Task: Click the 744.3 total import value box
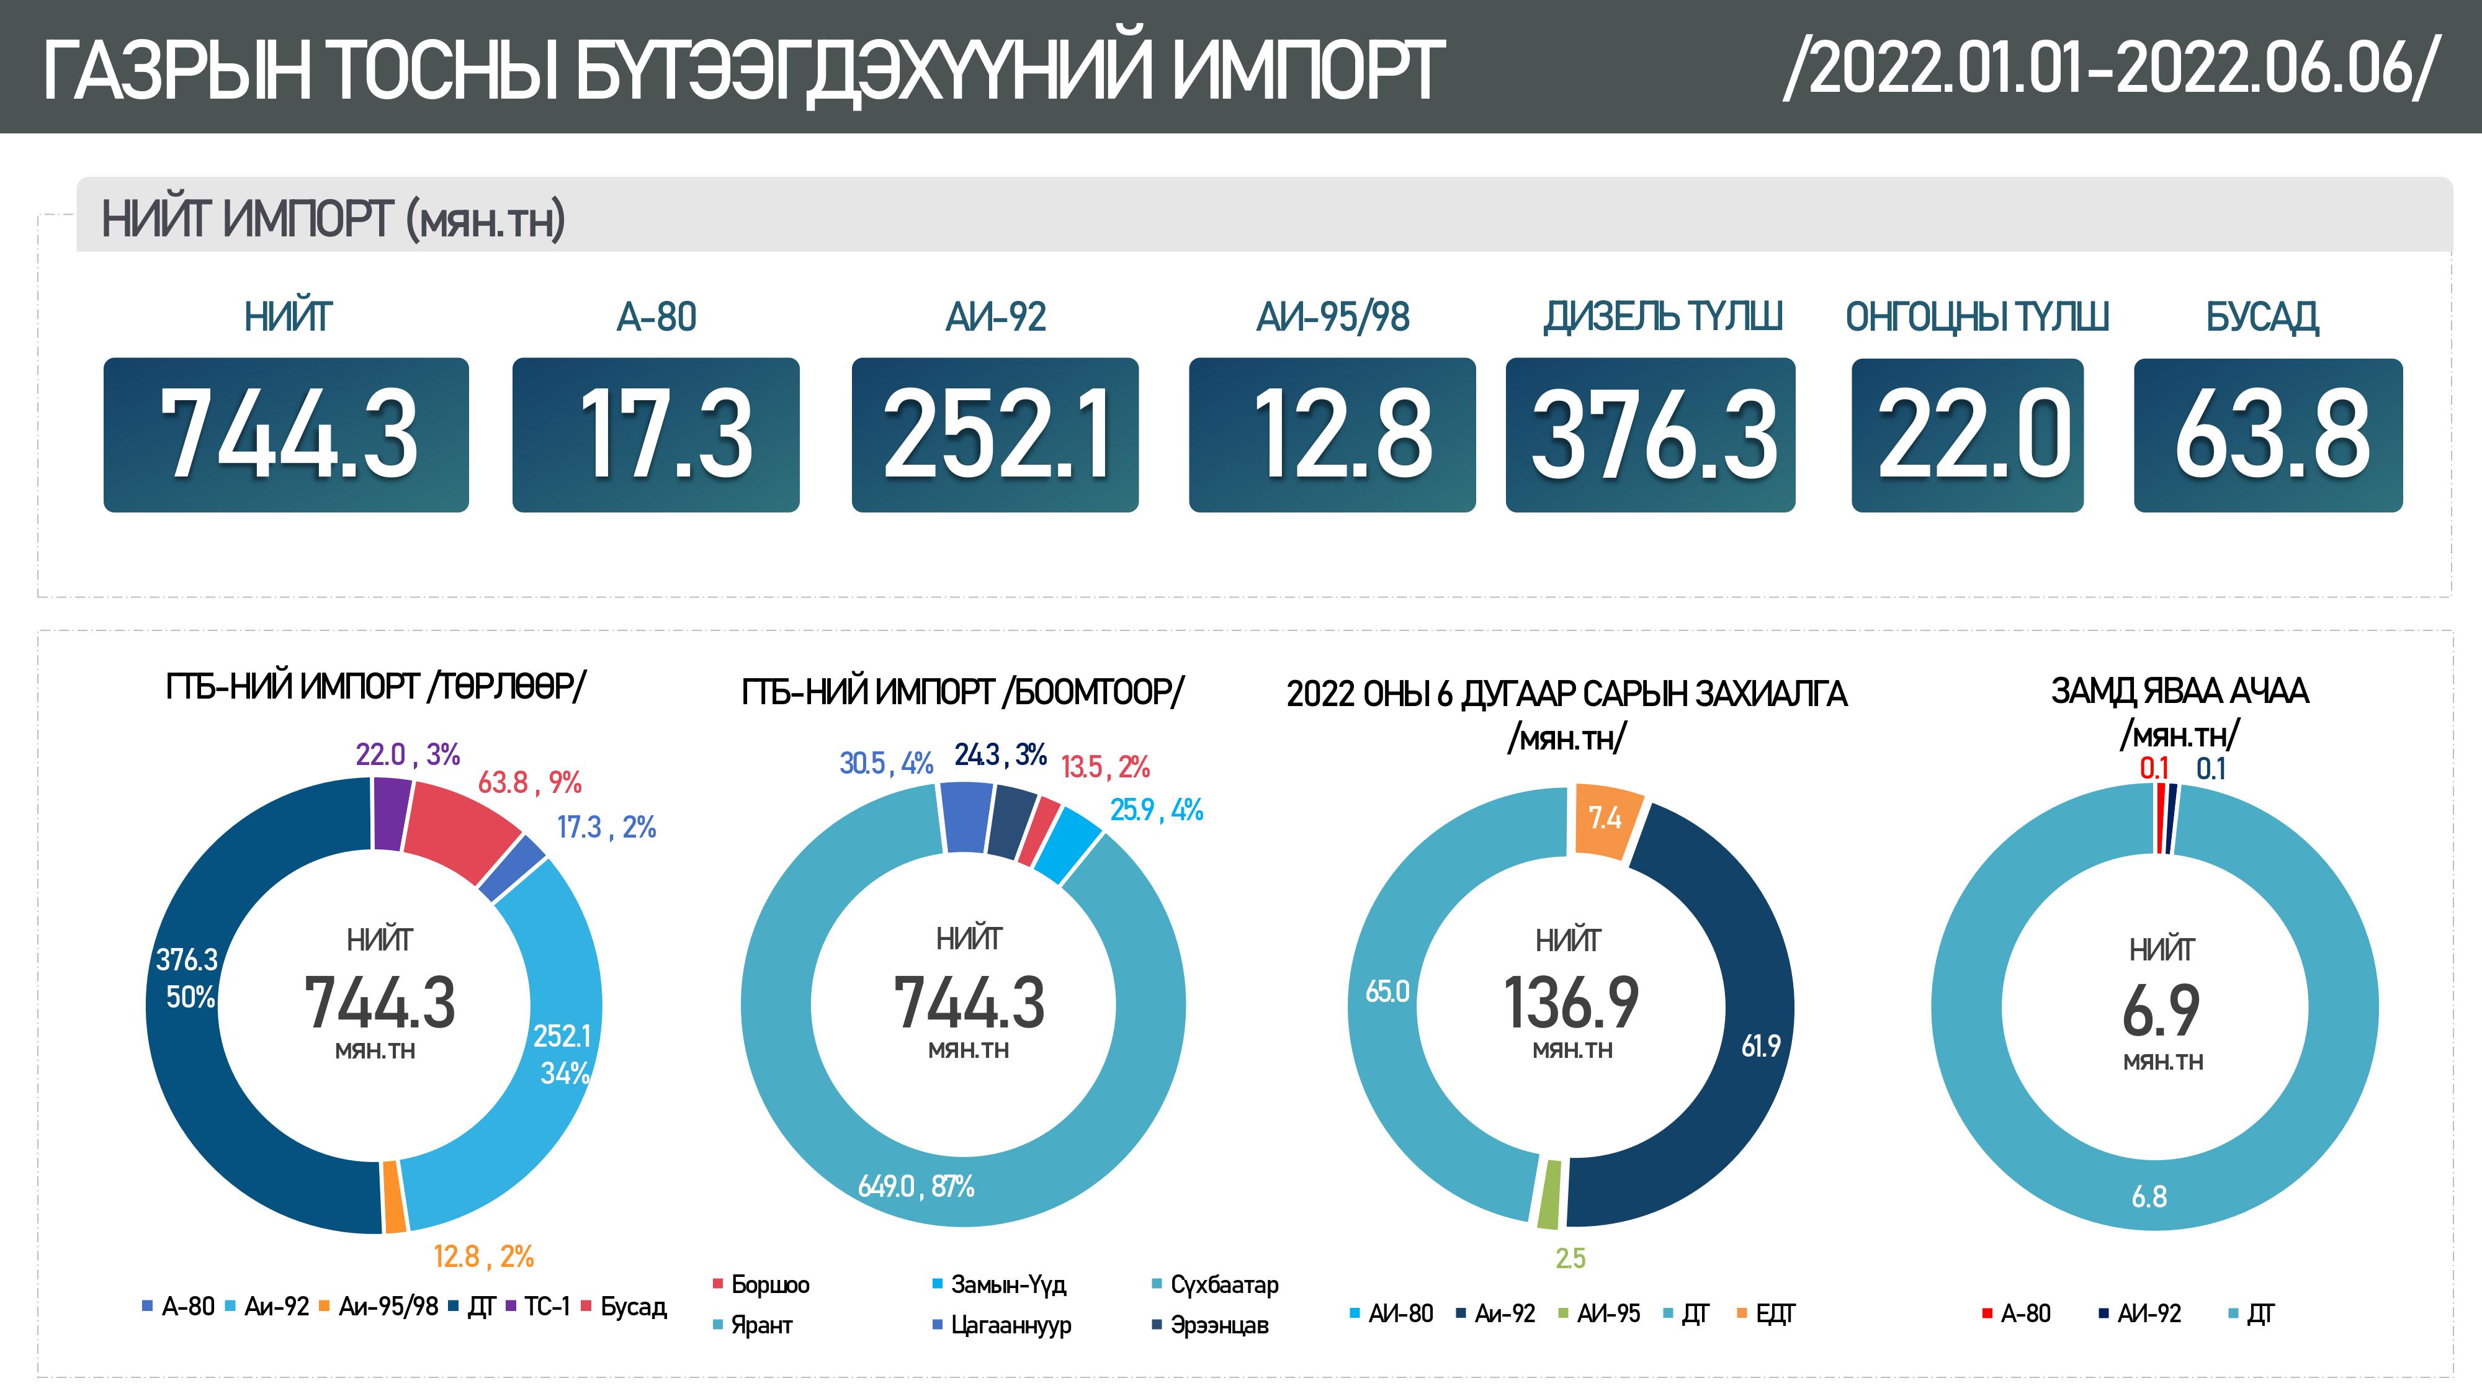coord(286,434)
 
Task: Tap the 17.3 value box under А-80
coord(655,434)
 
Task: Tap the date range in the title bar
coord(2110,68)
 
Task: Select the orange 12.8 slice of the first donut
coord(393,1197)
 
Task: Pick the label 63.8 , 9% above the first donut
coord(529,782)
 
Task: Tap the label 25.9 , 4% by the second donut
coord(1156,810)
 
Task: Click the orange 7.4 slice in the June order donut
coord(1605,820)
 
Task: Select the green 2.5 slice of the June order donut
coord(1548,1194)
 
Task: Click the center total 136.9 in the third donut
coord(1570,1003)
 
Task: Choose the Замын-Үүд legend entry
coord(1007,1284)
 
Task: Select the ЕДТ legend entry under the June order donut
coord(1773,1313)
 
